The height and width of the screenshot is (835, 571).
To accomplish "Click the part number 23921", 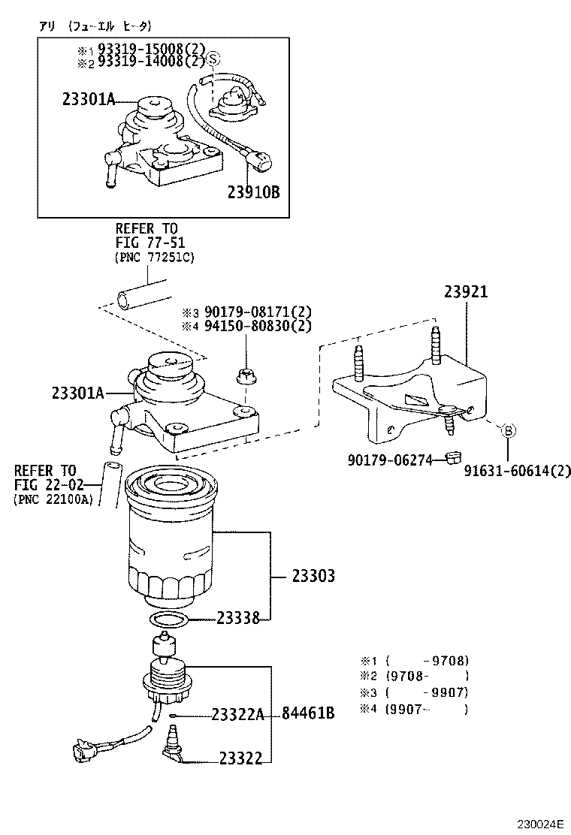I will [465, 293].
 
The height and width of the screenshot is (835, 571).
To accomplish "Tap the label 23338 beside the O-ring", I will [238, 619].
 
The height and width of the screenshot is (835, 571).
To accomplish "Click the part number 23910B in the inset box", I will [253, 193].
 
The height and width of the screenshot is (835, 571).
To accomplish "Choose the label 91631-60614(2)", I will [517, 472].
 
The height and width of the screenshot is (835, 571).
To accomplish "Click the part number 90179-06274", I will [390, 459].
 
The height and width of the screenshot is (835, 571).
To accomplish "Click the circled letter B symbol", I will [508, 430].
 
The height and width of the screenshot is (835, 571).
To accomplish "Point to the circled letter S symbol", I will [213, 58].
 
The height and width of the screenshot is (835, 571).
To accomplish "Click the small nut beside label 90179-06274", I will [452, 457].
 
